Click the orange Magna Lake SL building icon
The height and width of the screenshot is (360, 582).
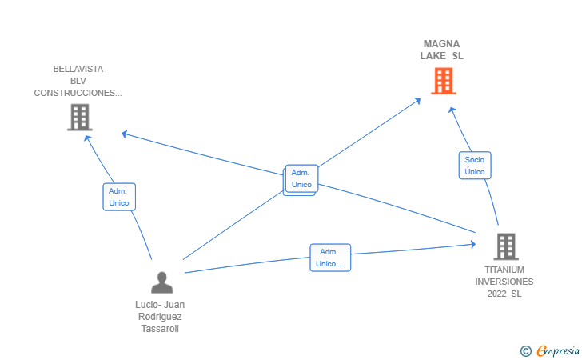coord(443,81)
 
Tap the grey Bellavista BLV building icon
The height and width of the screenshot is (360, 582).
coord(79,117)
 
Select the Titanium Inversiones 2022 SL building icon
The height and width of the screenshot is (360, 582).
coord(505,246)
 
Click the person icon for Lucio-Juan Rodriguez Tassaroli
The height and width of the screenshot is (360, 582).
coord(161,282)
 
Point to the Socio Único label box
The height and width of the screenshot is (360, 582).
coord(475,166)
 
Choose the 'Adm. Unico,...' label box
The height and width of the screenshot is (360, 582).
coord(330,258)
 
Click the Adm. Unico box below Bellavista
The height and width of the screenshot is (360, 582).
coord(119,197)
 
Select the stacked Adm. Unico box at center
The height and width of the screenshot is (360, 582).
coord(301,178)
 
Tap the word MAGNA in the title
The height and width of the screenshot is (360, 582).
coord(441,43)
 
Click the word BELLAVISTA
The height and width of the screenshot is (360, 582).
coord(78,69)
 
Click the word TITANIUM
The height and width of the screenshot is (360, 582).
coord(504,270)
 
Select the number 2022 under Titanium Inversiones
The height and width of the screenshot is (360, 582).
coord(497,294)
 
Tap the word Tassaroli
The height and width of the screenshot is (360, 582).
coord(161,329)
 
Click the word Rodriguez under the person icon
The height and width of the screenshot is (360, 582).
coord(161,317)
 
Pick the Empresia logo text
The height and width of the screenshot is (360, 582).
coord(558,350)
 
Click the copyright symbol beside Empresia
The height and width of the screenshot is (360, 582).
coord(525,350)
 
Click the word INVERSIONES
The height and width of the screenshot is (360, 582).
coord(504,282)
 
